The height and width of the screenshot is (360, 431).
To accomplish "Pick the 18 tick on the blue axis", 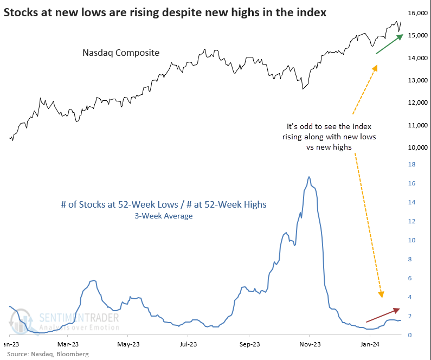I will (412, 164).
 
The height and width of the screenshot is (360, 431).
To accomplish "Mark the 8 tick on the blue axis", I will (410, 259).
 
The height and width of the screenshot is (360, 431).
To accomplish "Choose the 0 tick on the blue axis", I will (410, 335).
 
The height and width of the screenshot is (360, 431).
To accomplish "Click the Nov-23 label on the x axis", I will (309, 344).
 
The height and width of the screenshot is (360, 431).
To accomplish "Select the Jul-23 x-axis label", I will (188, 344).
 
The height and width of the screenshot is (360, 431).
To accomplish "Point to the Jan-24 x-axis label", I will (369, 344).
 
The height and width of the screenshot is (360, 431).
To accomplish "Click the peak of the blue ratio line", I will (309, 177).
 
